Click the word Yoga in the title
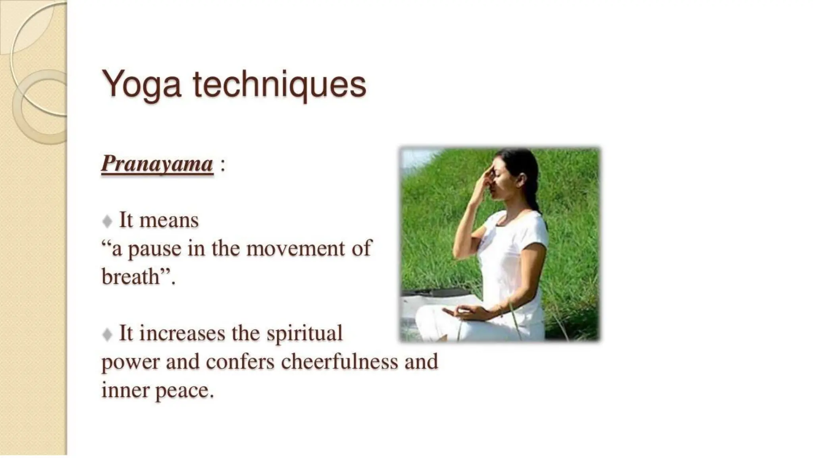[142, 85]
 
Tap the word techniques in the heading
[279, 85]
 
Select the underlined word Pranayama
[157, 163]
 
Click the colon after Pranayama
[222, 164]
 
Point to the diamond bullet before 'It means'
[107, 221]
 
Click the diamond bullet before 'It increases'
[107, 334]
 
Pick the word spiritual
[304, 333]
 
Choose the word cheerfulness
[339, 362]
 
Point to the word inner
[124, 391]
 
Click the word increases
[182, 333]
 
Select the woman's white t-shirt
[512, 254]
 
